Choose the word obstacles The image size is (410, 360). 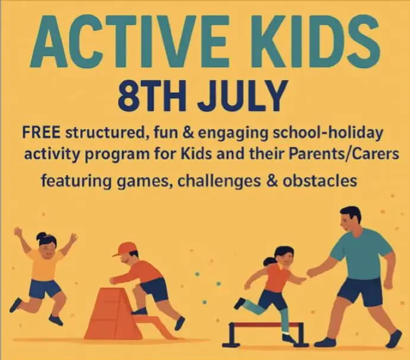(x=318, y=180)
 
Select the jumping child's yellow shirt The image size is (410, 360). (x=45, y=264)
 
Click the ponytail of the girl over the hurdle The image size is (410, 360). (x=268, y=262)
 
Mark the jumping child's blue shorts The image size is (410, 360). (x=44, y=289)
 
